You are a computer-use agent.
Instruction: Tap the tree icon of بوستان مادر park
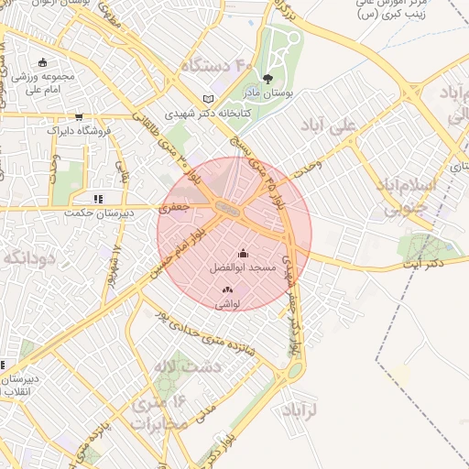(267, 80)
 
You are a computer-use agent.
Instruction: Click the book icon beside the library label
(209, 99)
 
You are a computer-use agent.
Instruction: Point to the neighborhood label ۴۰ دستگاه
(215, 66)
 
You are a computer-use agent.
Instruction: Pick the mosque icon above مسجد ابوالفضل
(243, 254)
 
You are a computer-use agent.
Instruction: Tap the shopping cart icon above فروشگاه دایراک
(80, 116)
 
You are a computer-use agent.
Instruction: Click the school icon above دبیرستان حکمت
(98, 197)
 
